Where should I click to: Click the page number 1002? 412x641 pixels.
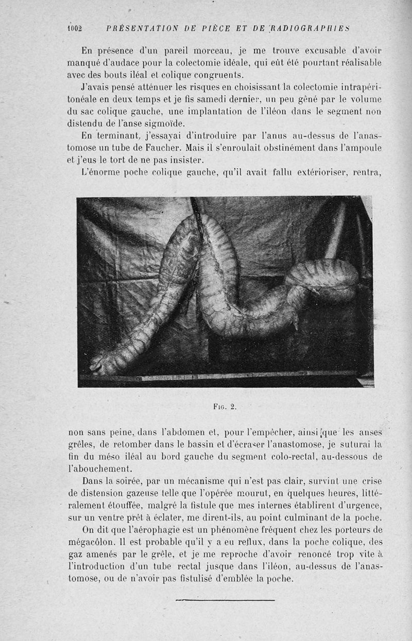click(x=75, y=28)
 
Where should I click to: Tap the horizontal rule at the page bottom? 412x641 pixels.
click(x=225, y=600)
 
